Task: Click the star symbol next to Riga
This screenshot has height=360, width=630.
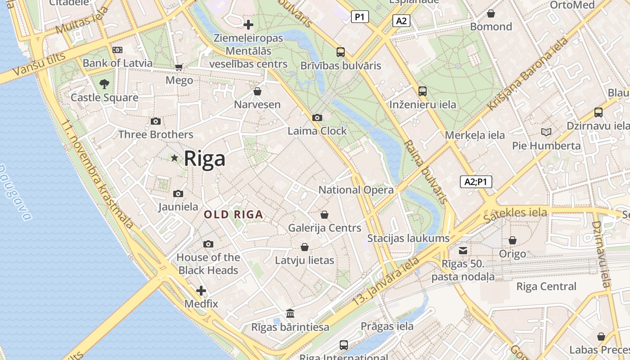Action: click(x=175, y=158)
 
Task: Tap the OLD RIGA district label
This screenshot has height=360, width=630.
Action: click(x=234, y=215)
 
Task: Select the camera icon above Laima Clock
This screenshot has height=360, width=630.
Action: click(x=317, y=117)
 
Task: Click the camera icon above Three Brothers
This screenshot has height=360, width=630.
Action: click(x=156, y=121)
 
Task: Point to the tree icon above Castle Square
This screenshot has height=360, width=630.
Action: click(x=104, y=84)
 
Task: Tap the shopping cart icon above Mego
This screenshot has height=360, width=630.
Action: click(x=179, y=67)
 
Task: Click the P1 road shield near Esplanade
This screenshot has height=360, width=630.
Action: click(x=360, y=17)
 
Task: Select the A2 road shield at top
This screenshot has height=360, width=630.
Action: click(x=401, y=21)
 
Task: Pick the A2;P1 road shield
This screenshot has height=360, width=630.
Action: click(x=476, y=182)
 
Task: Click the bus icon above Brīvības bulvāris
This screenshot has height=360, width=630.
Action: click(x=341, y=52)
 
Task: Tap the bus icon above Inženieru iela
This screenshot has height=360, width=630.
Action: click(x=423, y=91)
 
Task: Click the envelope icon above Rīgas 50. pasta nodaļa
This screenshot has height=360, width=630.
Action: click(x=463, y=251)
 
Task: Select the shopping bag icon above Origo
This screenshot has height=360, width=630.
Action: click(x=512, y=241)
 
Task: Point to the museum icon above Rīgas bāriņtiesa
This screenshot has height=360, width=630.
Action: click(x=290, y=313)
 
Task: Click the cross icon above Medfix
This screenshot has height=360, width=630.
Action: click(x=201, y=291)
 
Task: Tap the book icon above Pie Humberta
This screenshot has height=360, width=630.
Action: click(x=546, y=132)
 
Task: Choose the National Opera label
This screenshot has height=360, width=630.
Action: click(x=356, y=190)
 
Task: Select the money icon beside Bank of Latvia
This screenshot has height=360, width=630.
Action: click(x=117, y=49)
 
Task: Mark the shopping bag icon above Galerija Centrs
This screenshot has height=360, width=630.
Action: click(x=324, y=215)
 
